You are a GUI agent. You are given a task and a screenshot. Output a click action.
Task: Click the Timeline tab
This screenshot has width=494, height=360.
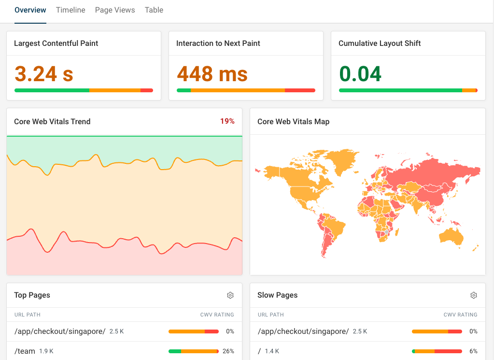(71, 10)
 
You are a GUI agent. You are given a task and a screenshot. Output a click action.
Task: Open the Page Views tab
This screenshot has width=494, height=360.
(115, 10)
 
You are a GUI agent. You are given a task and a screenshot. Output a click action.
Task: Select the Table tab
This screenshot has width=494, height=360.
(154, 10)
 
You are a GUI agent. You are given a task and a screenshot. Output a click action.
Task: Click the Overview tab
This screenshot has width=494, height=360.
(30, 10)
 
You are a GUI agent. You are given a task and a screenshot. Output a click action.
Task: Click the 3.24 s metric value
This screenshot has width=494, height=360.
(44, 74)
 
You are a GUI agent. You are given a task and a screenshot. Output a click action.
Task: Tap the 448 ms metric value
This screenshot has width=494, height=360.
(212, 74)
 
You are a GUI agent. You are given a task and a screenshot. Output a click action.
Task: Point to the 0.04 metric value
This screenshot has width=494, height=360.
(360, 74)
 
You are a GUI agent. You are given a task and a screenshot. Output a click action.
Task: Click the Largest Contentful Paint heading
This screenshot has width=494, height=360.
(56, 43)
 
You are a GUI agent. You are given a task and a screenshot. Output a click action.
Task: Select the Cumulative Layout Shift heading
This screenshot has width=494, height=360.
(380, 43)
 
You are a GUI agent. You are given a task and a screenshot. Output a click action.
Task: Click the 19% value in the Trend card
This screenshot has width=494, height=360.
(227, 121)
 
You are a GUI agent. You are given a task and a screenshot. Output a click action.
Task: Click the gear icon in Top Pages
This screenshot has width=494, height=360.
(230, 295)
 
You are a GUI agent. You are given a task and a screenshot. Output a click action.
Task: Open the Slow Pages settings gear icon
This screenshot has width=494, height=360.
(474, 295)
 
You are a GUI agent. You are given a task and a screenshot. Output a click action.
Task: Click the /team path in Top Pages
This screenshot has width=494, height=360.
(25, 351)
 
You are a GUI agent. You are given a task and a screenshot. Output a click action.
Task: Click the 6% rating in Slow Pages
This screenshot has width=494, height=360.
(473, 351)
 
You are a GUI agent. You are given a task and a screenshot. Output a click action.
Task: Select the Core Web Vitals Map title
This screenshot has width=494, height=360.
(293, 122)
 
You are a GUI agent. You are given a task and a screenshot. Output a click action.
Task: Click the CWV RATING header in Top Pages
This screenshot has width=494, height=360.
(217, 315)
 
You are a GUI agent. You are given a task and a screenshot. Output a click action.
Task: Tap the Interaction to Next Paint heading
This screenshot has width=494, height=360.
(218, 43)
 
